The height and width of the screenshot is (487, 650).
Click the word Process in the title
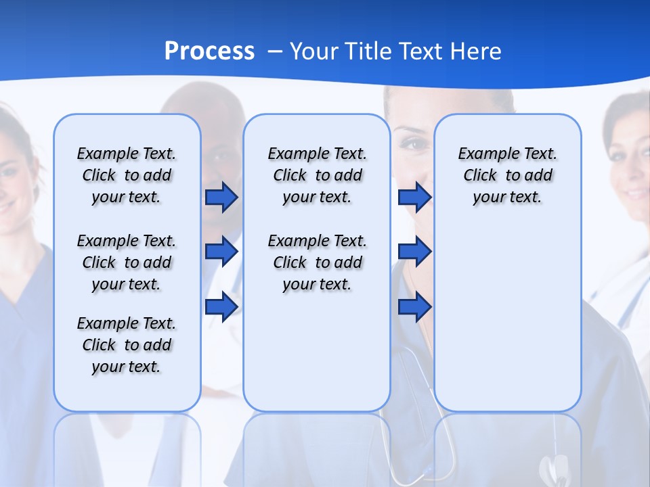point(209,51)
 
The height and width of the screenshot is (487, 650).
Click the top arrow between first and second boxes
point(221,198)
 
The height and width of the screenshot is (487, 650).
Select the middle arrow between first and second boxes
point(221,252)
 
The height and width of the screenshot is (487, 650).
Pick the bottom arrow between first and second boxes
point(221,306)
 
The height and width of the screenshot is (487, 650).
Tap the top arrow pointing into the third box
point(414,198)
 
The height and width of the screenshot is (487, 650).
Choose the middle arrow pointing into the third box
point(414,252)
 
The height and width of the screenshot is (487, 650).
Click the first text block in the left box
point(127,175)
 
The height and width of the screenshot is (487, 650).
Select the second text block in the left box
point(127,262)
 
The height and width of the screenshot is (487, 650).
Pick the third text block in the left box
point(127,345)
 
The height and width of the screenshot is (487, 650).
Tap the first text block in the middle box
point(317,175)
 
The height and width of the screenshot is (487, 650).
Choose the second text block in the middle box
point(317,262)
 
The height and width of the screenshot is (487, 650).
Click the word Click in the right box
point(480,176)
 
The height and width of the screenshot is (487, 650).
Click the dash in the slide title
point(276,52)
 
